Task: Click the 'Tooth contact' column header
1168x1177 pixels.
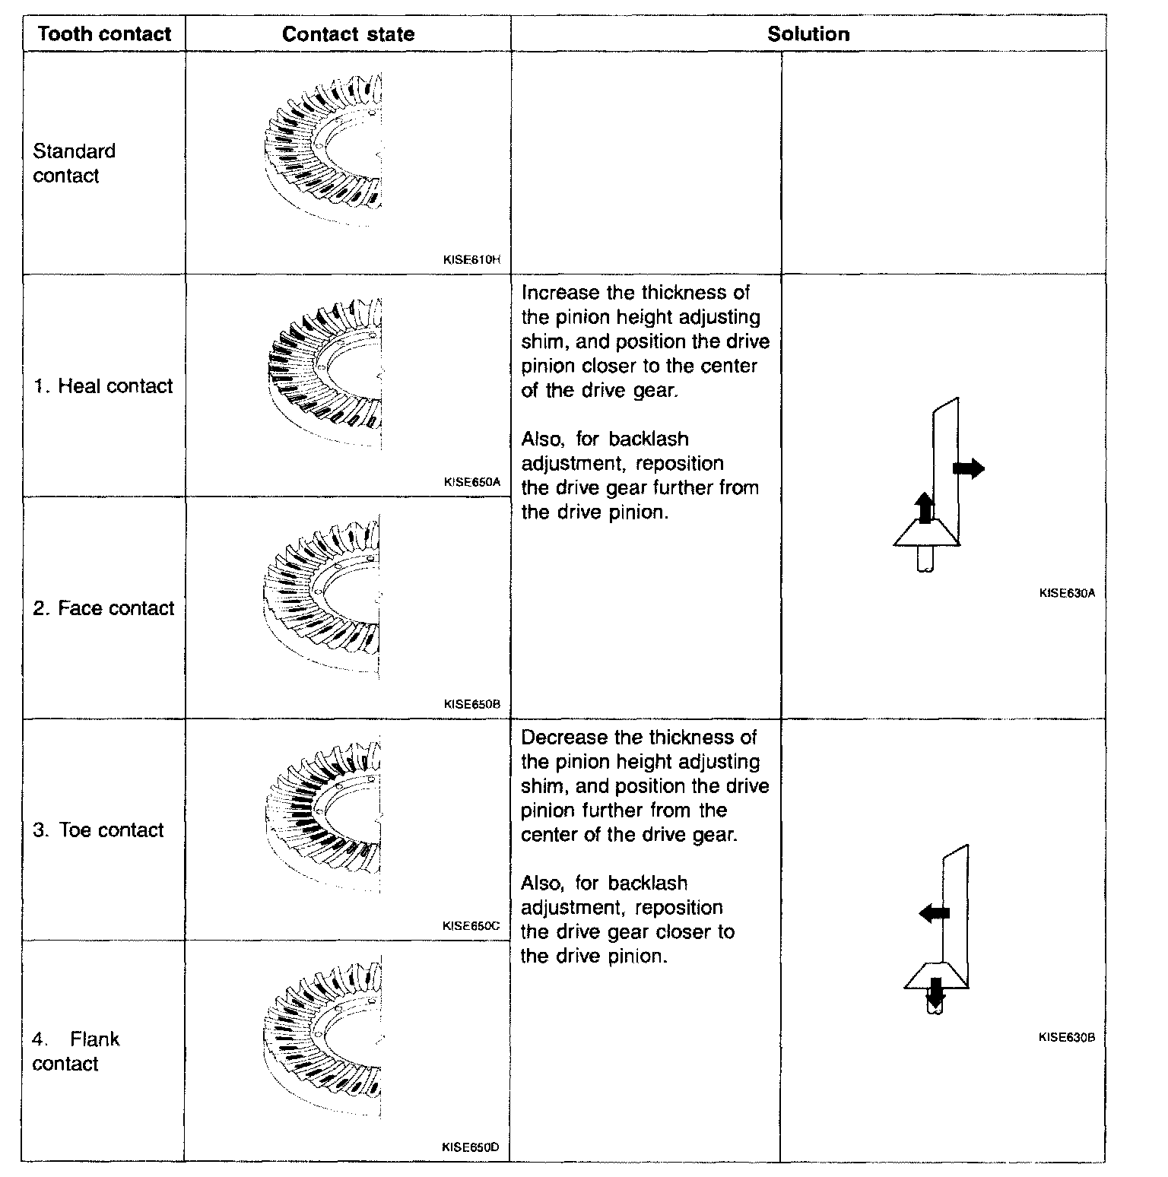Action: click(x=104, y=34)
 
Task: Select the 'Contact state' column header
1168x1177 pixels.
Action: click(x=348, y=34)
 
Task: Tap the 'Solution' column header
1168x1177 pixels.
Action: click(x=808, y=34)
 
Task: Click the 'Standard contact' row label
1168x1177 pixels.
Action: click(x=74, y=163)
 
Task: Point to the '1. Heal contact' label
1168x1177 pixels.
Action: click(x=103, y=386)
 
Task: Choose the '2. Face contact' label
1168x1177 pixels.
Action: click(x=104, y=608)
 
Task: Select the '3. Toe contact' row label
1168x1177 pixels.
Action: click(x=98, y=830)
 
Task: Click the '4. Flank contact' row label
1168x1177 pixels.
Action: click(x=76, y=1051)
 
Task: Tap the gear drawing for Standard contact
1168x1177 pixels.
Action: click(x=324, y=148)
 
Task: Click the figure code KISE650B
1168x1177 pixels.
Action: click(x=471, y=704)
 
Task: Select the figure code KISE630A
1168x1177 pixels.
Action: click(x=1067, y=593)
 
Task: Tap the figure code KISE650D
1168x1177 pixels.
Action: click(x=471, y=1147)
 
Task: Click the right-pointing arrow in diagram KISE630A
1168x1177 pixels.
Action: click(x=969, y=468)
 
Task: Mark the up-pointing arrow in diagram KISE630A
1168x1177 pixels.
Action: click(x=924, y=507)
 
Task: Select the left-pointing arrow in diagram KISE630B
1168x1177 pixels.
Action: click(x=934, y=912)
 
